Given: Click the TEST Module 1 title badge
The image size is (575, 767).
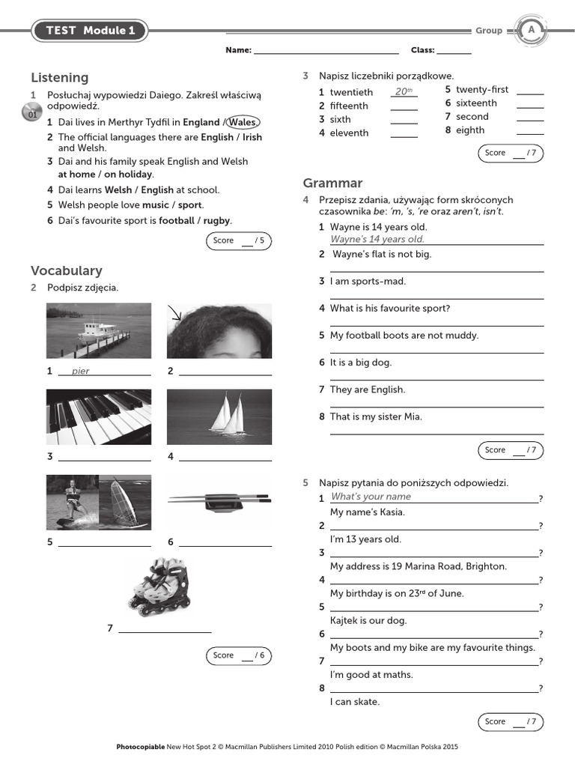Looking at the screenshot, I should pyautogui.click(x=90, y=31).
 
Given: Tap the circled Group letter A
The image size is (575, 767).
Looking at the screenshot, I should pyautogui.click(x=532, y=30).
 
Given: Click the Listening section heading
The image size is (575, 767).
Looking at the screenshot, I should pyautogui.click(x=60, y=78).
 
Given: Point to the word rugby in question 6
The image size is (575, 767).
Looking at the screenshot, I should pyautogui.click(x=217, y=220).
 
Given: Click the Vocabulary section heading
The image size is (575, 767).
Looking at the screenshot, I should pyautogui.click(x=67, y=270).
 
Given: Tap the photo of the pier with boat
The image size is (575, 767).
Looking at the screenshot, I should pyautogui.click(x=99, y=330).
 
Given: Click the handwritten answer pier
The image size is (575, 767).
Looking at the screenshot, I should pyautogui.click(x=80, y=371).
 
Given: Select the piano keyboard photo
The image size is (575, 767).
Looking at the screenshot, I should pyautogui.click(x=99, y=417).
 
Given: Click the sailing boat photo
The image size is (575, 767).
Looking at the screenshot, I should pyautogui.click(x=219, y=417).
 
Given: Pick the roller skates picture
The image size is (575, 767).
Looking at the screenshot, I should pyautogui.click(x=159, y=586).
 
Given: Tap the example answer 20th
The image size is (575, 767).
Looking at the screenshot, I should pyautogui.click(x=404, y=91).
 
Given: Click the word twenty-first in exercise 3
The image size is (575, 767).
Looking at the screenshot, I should pyautogui.click(x=482, y=89).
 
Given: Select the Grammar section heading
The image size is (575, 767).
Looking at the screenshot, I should pyautogui.click(x=332, y=183).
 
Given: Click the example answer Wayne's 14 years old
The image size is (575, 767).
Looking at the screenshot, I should pyautogui.click(x=377, y=239).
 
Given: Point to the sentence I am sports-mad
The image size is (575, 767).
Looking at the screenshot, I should pyautogui.click(x=368, y=281).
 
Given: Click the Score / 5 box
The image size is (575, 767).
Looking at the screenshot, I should pyautogui.click(x=238, y=240).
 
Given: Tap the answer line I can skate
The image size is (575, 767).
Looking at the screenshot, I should pyautogui.click(x=355, y=702).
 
